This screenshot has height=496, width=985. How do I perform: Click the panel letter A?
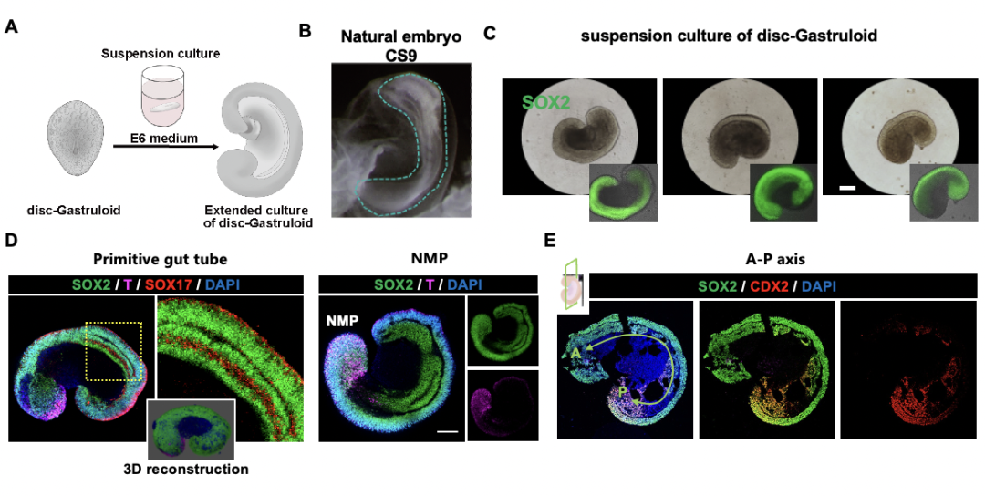click(12, 27)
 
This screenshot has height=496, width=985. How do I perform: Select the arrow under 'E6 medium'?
click(166, 148)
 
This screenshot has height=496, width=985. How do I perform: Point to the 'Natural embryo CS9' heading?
click(400, 45)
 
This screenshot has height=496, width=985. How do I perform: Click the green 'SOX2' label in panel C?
click(546, 102)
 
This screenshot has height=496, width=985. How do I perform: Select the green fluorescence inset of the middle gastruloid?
click(783, 192)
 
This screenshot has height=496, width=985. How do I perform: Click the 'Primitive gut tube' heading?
click(161, 259)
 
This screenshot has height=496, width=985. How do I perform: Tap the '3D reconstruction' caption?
click(186, 469)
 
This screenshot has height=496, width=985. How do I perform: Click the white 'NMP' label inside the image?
click(342, 322)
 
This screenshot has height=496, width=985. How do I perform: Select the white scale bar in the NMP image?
click(447, 432)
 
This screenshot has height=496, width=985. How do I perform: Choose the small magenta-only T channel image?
click(503, 405)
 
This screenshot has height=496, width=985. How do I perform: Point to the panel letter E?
click(550, 241)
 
